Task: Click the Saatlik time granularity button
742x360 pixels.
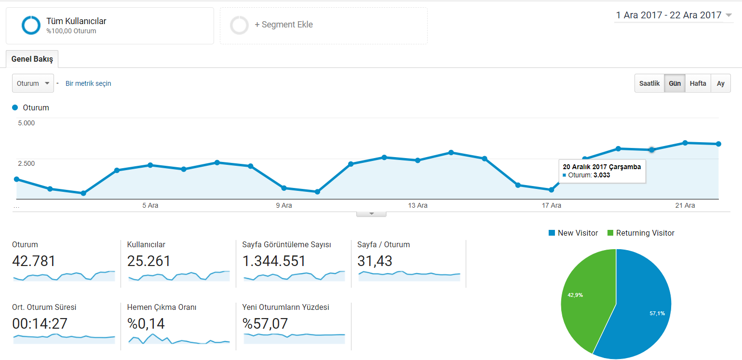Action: (649, 83)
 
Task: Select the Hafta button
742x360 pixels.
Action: (698, 83)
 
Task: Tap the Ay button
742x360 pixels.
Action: (720, 83)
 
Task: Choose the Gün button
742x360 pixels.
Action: (675, 83)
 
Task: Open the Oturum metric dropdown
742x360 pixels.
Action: (33, 83)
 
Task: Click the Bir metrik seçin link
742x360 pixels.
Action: (88, 83)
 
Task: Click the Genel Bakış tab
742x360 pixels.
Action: (32, 59)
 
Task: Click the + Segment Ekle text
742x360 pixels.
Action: (283, 25)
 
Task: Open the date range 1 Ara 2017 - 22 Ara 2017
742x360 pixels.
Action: (673, 15)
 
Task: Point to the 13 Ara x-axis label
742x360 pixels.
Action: (418, 205)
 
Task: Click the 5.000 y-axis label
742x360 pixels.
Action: (26, 123)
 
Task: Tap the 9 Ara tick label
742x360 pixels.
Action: (284, 205)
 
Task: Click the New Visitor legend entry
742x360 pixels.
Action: (573, 233)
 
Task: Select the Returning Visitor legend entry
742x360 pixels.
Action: (641, 233)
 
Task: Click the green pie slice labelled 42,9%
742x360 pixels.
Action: (586, 298)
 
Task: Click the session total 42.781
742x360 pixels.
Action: (34, 261)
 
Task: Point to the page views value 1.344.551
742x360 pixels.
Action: (274, 261)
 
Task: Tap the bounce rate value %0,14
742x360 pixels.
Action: (146, 323)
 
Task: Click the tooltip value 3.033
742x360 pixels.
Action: (602, 175)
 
